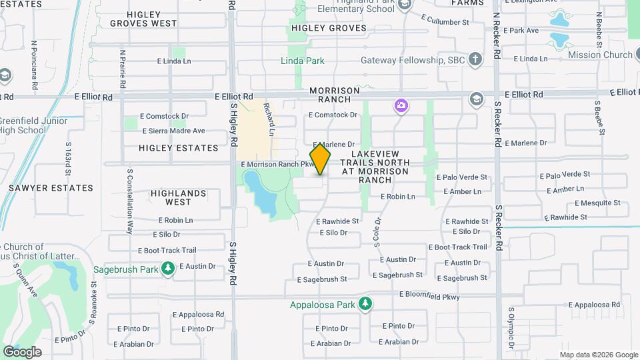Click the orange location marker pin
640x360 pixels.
pos(320,159)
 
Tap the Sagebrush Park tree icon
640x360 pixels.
pos(169,269)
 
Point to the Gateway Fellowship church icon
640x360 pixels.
pos(475,59)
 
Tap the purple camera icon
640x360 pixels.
pos(400,105)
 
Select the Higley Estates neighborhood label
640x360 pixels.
pos(179,147)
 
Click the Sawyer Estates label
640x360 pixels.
pos(51,188)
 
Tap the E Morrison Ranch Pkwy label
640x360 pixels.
pos(277,164)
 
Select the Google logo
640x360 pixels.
pos(22,351)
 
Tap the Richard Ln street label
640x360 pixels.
pos(269,119)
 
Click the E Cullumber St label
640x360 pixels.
pos(446,22)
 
